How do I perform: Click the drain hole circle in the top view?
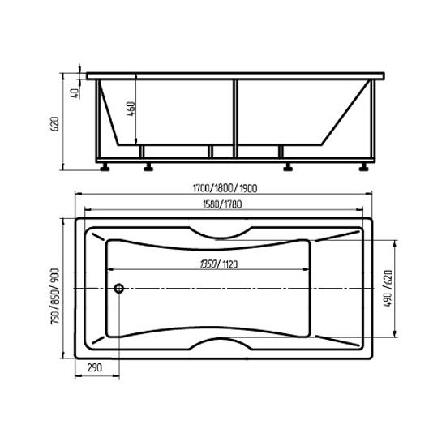click(119, 289)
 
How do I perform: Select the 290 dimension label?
click(94, 367)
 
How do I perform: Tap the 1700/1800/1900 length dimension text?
click(225, 188)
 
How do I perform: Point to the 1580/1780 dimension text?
click(222, 204)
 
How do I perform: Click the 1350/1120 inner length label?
click(219, 264)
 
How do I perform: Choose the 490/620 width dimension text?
click(388, 288)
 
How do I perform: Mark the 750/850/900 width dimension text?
click(55, 296)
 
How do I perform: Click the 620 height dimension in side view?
click(54, 123)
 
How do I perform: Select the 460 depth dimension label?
click(131, 109)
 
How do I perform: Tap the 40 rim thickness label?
click(75, 92)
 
